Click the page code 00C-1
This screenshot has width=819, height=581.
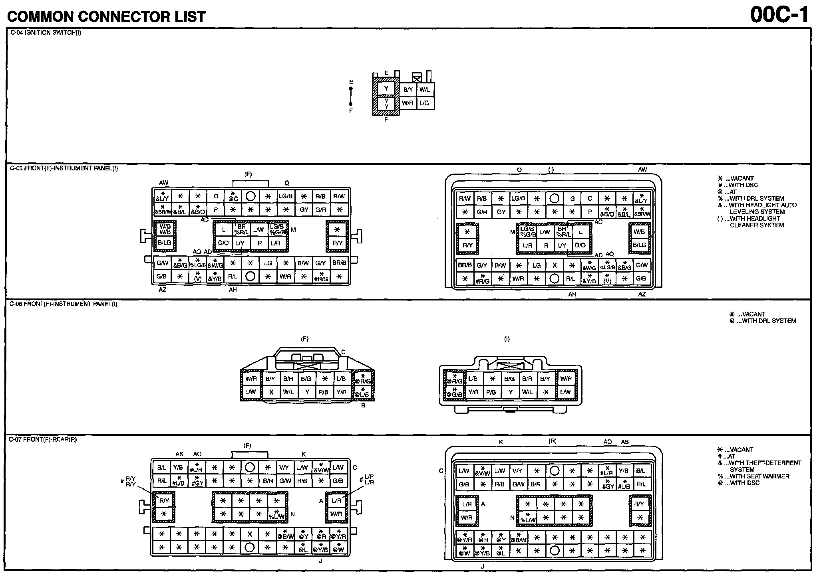pyautogui.click(x=779, y=15)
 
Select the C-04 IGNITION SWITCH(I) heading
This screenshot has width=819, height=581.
pyautogui.click(x=45, y=33)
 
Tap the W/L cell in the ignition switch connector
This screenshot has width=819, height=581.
pyautogui.click(x=424, y=90)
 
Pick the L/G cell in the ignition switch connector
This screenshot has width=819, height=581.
pyautogui.click(x=424, y=103)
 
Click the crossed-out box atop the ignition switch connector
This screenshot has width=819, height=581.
pyautogui.click(x=417, y=77)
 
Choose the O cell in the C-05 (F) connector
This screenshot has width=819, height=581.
pyautogui.click(x=216, y=196)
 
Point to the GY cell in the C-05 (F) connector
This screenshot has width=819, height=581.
pyautogui.click(x=304, y=209)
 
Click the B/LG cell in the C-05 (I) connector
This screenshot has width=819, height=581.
pyautogui.click(x=639, y=245)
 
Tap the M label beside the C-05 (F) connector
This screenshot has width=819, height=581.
pyautogui.click(x=293, y=230)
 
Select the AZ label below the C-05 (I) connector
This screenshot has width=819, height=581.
pyautogui.click(x=642, y=294)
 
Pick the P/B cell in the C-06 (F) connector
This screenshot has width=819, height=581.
pyautogui.click(x=324, y=392)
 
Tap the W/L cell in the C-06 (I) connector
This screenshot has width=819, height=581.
pyautogui.click(x=527, y=392)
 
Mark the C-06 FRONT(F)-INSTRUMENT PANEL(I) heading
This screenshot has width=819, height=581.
pyautogui.click(x=64, y=304)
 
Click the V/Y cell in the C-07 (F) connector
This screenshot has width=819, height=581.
pyautogui.click(x=284, y=467)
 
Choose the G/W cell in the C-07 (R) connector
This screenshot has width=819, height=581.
pyautogui.click(x=518, y=484)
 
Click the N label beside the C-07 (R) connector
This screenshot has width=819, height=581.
pyautogui.click(x=512, y=518)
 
